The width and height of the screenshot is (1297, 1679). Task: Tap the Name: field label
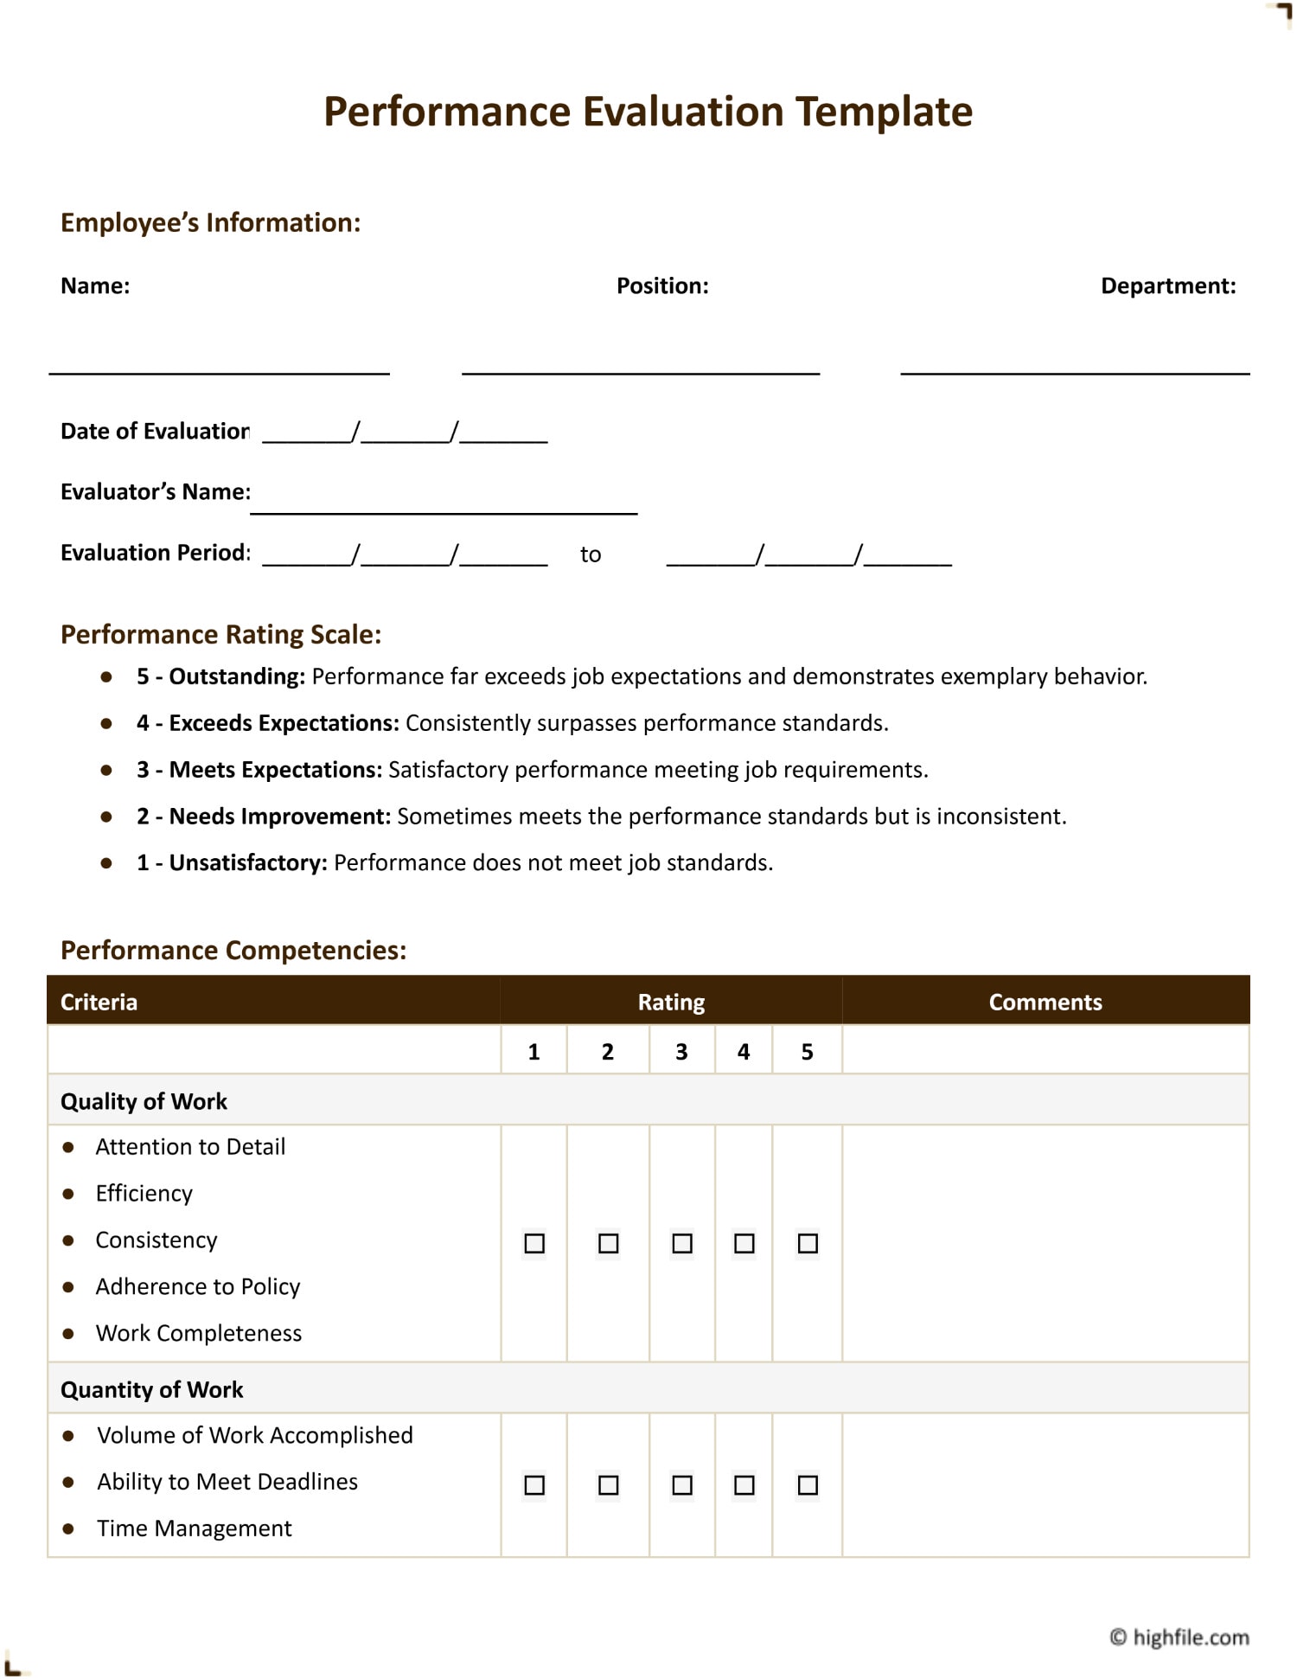click(95, 286)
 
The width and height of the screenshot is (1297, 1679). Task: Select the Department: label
click(1167, 286)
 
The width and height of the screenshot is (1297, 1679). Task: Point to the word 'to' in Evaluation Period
click(591, 554)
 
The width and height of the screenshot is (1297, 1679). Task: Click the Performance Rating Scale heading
click(220, 635)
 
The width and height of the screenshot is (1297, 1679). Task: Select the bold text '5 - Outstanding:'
click(220, 676)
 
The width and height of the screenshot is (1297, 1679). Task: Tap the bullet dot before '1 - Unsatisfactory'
click(106, 862)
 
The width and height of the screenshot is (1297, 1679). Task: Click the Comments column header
click(1045, 1002)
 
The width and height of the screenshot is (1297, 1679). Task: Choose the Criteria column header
click(99, 1002)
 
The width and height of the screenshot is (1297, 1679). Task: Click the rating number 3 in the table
click(681, 1052)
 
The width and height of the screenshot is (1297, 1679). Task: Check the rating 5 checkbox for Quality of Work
click(808, 1243)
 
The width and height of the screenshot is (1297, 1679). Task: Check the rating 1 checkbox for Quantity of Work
click(534, 1485)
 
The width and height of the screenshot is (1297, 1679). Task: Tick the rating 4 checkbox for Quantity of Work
click(744, 1485)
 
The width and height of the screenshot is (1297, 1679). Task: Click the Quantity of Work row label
click(152, 1389)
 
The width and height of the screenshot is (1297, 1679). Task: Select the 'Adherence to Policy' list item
click(198, 1286)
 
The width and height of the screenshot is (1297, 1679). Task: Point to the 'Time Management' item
click(195, 1528)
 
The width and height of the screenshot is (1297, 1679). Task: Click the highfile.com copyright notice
click(1179, 1637)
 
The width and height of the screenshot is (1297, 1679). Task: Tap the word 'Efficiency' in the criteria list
click(144, 1194)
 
